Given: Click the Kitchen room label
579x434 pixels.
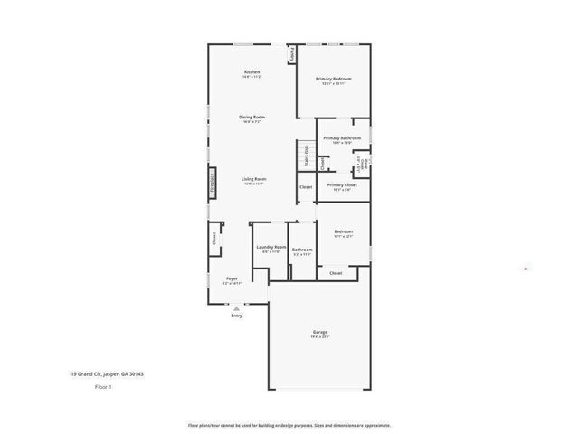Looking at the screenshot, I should tap(252, 71).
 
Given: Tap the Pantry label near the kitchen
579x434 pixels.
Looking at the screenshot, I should tap(292, 54).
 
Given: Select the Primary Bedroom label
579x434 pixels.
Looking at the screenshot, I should tap(333, 79).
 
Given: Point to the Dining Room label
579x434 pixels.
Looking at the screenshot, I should tap(252, 117).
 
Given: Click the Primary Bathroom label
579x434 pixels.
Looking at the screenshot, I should tap(342, 137).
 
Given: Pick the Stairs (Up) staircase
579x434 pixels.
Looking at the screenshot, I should tap(306, 156).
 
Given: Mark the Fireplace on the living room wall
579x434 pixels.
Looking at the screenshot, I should tap(213, 183).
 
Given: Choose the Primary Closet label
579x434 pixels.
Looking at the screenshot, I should tap(342, 184).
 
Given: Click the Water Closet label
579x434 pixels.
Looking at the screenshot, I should tap(360, 164).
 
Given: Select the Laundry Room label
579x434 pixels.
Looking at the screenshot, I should tap(271, 247).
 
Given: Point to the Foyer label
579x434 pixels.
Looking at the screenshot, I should tap(232, 279).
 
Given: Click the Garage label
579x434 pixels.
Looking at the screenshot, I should tap(321, 332).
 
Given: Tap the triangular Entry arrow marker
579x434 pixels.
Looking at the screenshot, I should tap(237, 308).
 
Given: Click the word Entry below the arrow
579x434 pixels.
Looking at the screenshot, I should tap(237, 316).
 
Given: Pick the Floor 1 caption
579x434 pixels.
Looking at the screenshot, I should tap(103, 387).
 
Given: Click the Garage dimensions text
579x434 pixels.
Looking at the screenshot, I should tap(321, 337).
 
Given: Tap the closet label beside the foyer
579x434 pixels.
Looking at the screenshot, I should tap(214, 239).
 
